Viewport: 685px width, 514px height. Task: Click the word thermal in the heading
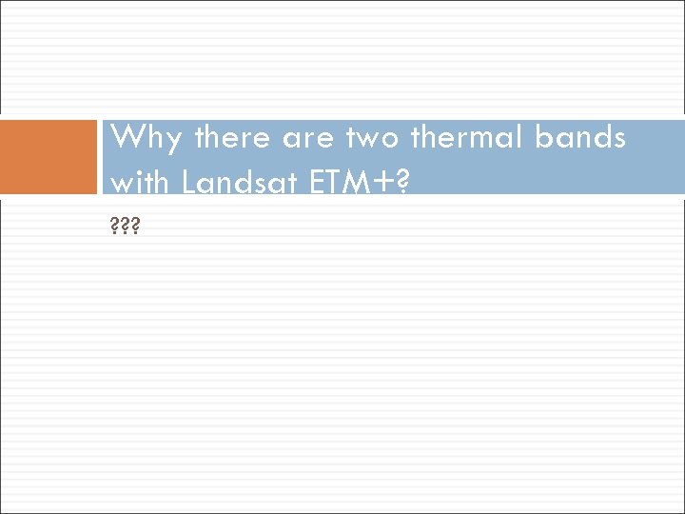(467, 139)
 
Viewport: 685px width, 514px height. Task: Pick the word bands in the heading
(579, 139)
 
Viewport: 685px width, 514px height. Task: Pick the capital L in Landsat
(187, 181)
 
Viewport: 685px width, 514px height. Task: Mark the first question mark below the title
(114, 229)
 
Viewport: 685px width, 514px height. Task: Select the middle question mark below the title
(125, 229)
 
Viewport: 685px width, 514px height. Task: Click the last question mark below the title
(136, 229)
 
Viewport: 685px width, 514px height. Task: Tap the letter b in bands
(543, 139)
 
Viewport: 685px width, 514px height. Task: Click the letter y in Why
(173, 143)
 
